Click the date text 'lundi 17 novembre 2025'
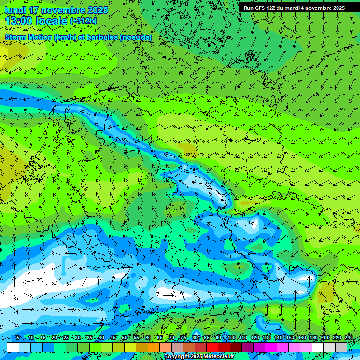[56, 10]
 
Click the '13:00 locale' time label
[37, 21]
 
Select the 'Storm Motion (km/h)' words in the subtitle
[37, 37]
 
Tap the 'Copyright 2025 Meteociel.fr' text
[199, 357]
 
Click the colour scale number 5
[18, 337]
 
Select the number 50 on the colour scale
[124, 337]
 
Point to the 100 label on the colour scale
[231, 337]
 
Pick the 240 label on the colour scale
[349, 337]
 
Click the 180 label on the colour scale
[313, 337]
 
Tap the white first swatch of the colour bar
[13, 347]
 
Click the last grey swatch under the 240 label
[342, 347]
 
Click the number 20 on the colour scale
[54, 337]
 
